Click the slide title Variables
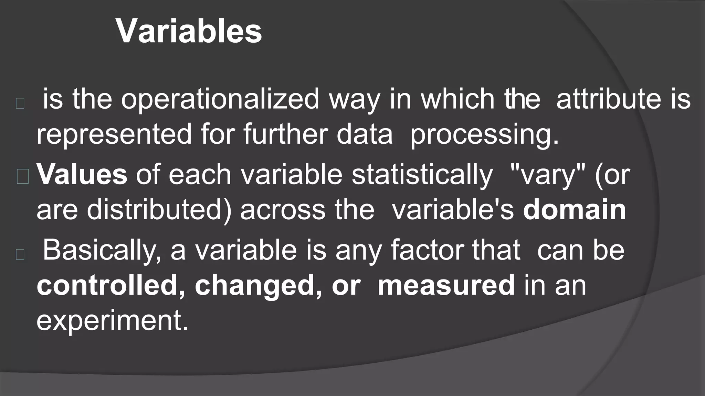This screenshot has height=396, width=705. point(189,31)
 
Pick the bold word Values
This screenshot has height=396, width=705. point(82,174)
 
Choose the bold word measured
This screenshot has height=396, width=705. point(446,285)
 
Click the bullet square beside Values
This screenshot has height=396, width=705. point(23,177)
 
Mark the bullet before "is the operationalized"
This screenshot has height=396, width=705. point(20,103)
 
